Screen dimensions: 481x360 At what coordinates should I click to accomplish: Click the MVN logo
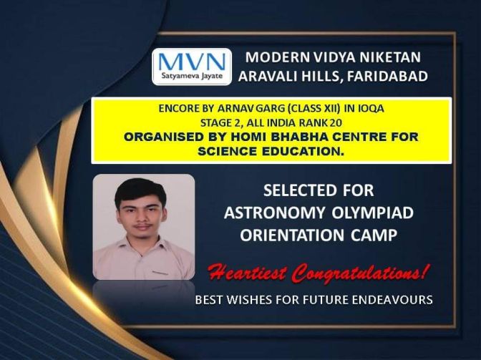click(192, 67)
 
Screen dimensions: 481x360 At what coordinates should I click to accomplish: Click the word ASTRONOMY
click(275, 213)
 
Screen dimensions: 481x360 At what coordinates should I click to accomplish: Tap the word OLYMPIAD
click(373, 213)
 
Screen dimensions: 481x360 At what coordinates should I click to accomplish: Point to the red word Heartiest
click(248, 272)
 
